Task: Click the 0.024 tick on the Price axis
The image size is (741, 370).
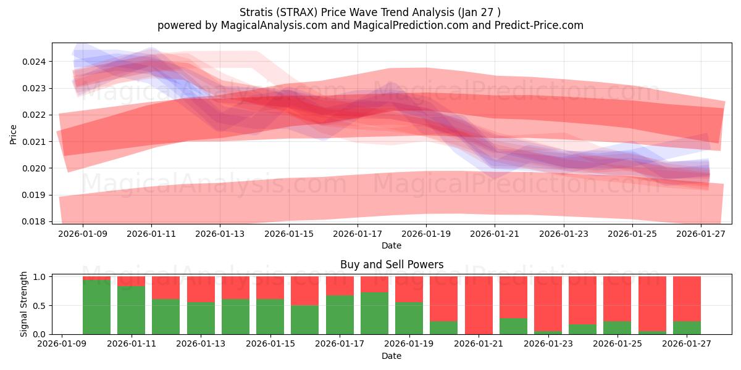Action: pyautogui.click(x=37, y=62)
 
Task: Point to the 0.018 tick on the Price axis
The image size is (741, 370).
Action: pyautogui.click(x=37, y=221)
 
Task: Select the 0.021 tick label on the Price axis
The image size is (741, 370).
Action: pyautogui.click(x=37, y=142)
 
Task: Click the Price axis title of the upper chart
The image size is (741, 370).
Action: pyautogui.click(x=14, y=134)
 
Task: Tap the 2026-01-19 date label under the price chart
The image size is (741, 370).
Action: pyautogui.click(x=426, y=234)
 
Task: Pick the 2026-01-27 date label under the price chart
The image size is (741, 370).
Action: pyautogui.click(x=701, y=234)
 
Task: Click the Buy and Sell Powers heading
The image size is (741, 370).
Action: pyautogui.click(x=391, y=265)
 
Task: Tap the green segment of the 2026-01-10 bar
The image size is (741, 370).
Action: pyautogui.click(x=97, y=307)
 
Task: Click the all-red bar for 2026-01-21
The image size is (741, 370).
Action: pyautogui.click(x=479, y=305)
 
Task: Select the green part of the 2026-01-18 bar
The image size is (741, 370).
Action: pyautogui.click(x=374, y=313)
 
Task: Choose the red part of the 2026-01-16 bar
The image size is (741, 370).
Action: pyautogui.click(x=305, y=290)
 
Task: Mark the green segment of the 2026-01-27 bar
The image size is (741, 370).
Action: pyautogui.click(x=687, y=327)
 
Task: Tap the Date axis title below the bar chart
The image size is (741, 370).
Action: pyautogui.click(x=391, y=356)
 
